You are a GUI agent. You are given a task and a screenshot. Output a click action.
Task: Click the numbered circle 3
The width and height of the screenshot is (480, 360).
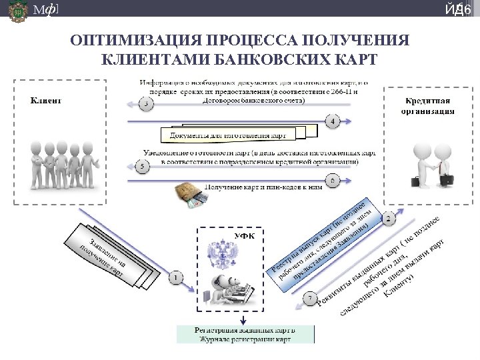(x=146, y=103)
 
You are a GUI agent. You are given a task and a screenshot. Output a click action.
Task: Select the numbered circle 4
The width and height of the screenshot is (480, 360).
(x=333, y=121)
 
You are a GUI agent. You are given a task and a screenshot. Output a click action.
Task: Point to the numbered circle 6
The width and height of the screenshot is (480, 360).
(x=333, y=180)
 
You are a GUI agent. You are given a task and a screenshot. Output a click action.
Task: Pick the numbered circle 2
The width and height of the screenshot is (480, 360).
(x=389, y=217)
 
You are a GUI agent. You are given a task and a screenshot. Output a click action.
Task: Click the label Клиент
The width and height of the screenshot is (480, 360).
(x=45, y=101)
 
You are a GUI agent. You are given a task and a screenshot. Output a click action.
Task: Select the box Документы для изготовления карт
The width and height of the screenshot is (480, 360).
(x=229, y=135)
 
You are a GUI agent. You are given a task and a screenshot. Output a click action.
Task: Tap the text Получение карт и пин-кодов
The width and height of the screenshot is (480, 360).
(x=263, y=187)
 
